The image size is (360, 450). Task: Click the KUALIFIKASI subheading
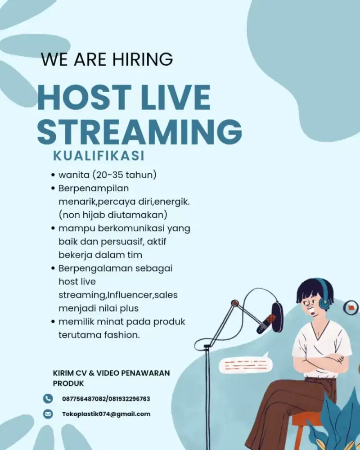pyautogui.click(x=99, y=156)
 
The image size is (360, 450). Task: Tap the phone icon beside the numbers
pyautogui.click(x=48, y=398)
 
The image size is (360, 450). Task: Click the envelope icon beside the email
pyautogui.click(x=48, y=414)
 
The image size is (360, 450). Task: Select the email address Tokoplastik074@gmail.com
pyautogui.click(x=106, y=414)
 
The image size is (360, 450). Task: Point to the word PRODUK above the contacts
pyautogui.click(x=68, y=384)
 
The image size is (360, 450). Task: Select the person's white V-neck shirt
pyautogui.click(x=322, y=344)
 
